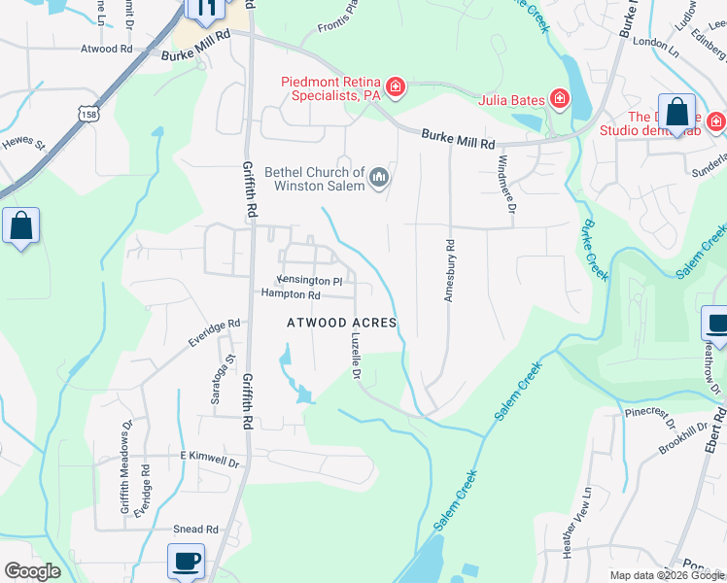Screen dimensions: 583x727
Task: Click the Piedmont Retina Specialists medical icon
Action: click(x=396, y=88)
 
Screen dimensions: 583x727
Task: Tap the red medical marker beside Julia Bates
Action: click(x=559, y=98)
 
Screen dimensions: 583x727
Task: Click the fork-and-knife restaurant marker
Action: click(x=206, y=10)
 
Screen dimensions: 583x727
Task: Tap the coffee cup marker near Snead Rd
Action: click(x=186, y=561)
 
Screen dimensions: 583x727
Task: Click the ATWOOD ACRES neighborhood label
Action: click(x=342, y=322)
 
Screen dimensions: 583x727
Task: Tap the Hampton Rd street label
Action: click(x=290, y=294)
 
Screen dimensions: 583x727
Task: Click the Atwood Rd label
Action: click(x=108, y=49)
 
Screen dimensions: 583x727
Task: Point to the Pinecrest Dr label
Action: click(x=650, y=418)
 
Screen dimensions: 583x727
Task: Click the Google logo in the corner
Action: click(x=31, y=571)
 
